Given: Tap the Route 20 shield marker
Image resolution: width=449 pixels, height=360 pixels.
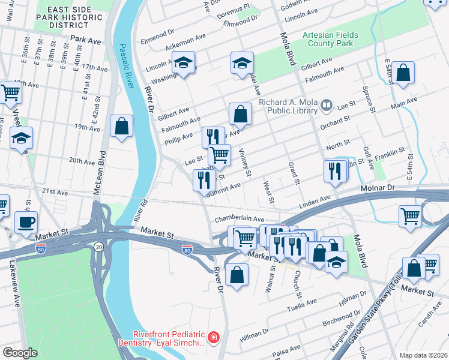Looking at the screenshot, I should (98, 246).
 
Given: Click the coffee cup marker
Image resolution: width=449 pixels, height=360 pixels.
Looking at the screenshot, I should (26, 222).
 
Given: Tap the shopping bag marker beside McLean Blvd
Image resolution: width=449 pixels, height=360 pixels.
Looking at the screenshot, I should (122, 126).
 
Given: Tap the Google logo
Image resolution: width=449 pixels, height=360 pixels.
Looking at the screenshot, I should (20, 352).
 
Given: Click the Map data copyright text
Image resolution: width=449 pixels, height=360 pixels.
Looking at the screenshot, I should (423, 355).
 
